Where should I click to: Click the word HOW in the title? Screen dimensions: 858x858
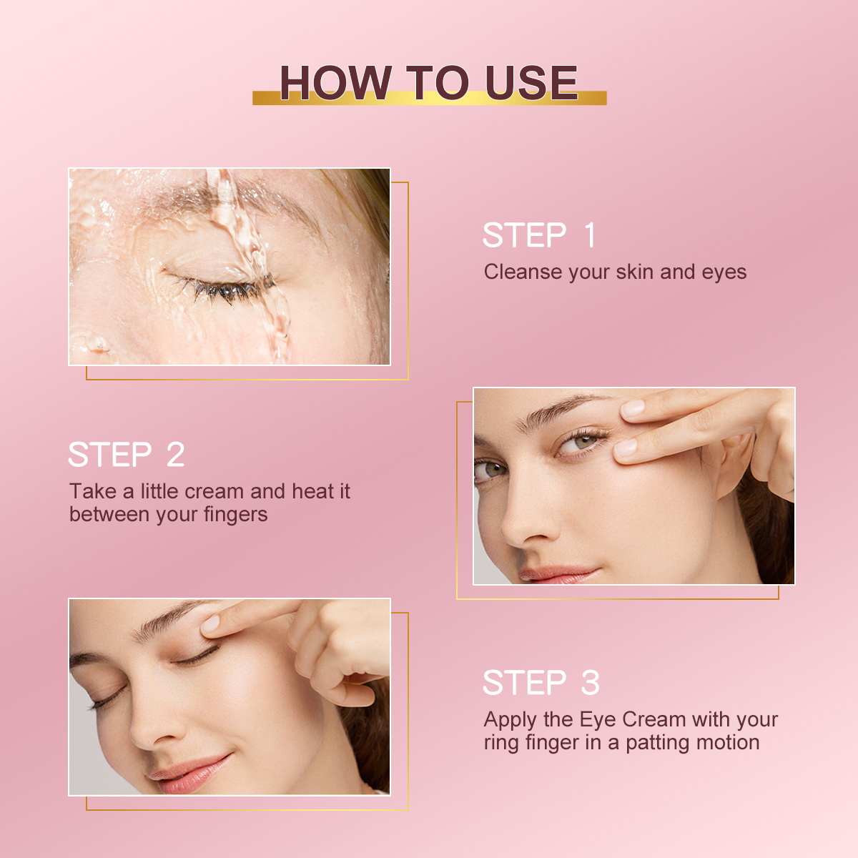(x=335, y=83)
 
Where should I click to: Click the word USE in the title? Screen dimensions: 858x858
(x=531, y=83)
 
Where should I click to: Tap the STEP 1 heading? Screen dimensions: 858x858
(x=539, y=235)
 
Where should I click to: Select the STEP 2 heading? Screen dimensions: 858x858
(x=127, y=455)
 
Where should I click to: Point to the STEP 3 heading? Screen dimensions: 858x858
(x=541, y=683)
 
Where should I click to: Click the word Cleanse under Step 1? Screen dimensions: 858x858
(x=523, y=272)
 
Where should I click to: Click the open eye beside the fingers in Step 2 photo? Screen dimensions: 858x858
(x=583, y=441)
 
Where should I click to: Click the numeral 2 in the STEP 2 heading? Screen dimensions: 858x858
(x=175, y=455)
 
